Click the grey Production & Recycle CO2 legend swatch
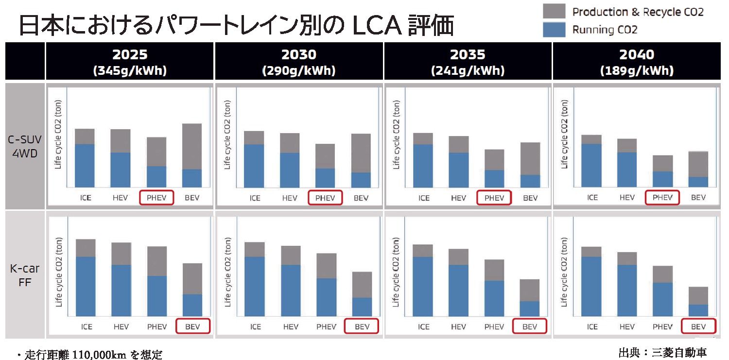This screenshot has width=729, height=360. pyautogui.click(x=554, y=11)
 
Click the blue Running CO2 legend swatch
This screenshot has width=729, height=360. pyautogui.click(x=554, y=30)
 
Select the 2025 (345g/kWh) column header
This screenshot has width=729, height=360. pyautogui.click(x=130, y=62)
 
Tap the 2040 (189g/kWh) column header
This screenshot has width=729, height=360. pyautogui.click(x=637, y=62)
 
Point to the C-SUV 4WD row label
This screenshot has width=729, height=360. pyautogui.click(x=25, y=146)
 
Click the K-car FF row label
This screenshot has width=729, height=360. pyautogui.click(x=25, y=274)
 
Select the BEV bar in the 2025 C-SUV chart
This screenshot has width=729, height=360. pyautogui.click(x=192, y=155)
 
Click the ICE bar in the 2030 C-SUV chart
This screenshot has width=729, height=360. pyautogui.click(x=254, y=159)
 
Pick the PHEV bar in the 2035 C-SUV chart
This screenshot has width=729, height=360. pyautogui.click(x=494, y=168)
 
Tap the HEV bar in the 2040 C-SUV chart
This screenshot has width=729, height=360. pyautogui.click(x=627, y=163)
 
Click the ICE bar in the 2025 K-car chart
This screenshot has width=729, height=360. pyautogui.click(x=86, y=278)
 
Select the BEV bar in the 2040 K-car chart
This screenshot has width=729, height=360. pyautogui.click(x=698, y=302)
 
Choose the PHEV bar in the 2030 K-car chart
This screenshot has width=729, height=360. pyautogui.click(x=326, y=285)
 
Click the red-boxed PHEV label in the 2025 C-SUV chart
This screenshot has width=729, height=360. pyautogui.click(x=156, y=198)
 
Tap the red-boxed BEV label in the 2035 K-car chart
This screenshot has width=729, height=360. pyautogui.click(x=529, y=326)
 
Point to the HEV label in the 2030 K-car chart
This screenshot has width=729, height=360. pyautogui.click(x=291, y=326)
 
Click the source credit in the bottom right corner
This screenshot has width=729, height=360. pyautogui.click(x=662, y=352)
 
